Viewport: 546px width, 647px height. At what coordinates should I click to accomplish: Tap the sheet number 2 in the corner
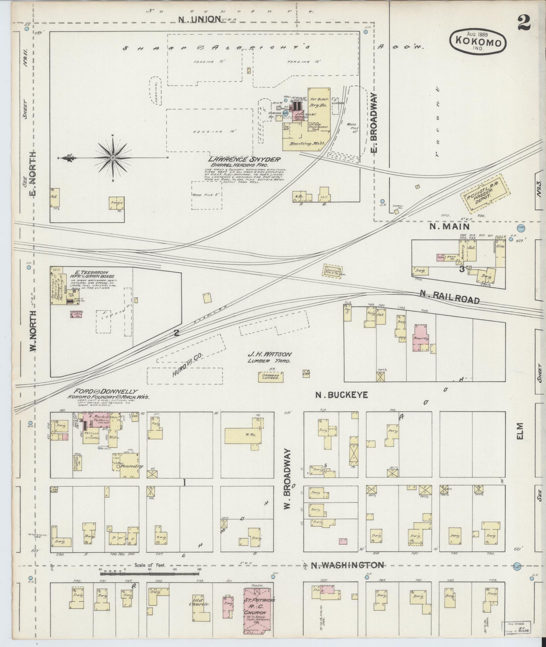(x=524, y=23)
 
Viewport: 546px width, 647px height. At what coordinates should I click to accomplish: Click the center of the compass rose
(x=113, y=158)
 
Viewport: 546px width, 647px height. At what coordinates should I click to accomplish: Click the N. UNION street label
(x=200, y=19)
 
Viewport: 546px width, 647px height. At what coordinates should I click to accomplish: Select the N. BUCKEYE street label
(x=341, y=395)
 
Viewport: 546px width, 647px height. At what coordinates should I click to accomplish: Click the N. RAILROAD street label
(x=450, y=297)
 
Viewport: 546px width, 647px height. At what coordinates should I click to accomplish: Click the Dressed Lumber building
(x=270, y=377)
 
